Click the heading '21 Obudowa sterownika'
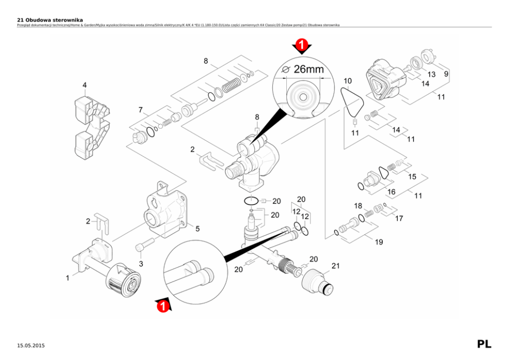click(x=50, y=19)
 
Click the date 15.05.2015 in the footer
click(x=31, y=346)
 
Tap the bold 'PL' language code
click(x=484, y=344)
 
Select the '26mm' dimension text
click(x=308, y=69)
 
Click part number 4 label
click(x=85, y=85)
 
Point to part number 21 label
click(x=336, y=266)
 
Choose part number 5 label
click(x=197, y=228)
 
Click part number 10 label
click(x=347, y=81)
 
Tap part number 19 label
click(x=379, y=242)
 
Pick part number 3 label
click(x=141, y=264)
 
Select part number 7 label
click(x=140, y=110)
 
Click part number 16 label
click(x=391, y=192)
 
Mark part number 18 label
click(x=358, y=206)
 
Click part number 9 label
click(x=446, y=74)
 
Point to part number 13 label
click(x=432, y=74)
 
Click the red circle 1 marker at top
click(x=302, y=46)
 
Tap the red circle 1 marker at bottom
click(x=163, y=306)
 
